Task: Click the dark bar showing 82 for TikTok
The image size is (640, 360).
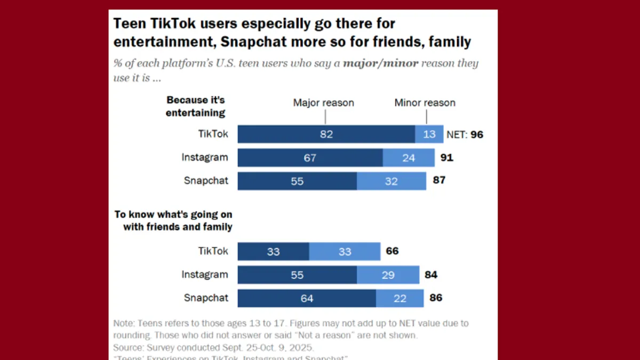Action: coord(326,134)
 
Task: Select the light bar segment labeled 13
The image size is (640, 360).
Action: coord(429,134)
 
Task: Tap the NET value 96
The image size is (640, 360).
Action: coord(477,134)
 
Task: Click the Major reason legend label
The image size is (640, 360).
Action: coord(323,102)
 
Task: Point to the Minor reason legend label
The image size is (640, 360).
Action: coord(425,102)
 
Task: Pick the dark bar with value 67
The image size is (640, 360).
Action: coord(310,158)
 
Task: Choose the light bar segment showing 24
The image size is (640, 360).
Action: coord(409,158)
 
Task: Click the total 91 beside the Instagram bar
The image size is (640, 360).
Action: coord(446,158)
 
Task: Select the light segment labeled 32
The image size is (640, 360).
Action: coord(391,181)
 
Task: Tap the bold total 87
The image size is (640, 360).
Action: coord(439,180)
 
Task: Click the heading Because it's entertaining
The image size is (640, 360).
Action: coord(196,106)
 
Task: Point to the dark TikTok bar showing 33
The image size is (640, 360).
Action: coord(273,252)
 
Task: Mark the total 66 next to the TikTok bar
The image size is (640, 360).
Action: coord(393,251)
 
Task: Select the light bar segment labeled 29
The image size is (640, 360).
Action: coord(388,275)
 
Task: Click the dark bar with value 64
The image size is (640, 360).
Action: coord(307,299)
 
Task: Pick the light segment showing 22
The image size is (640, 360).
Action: coord(400,299)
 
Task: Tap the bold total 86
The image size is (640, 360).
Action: coord(436,298)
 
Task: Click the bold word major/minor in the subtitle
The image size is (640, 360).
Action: coord(381,63)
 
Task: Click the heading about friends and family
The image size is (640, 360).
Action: coord(174,221)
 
